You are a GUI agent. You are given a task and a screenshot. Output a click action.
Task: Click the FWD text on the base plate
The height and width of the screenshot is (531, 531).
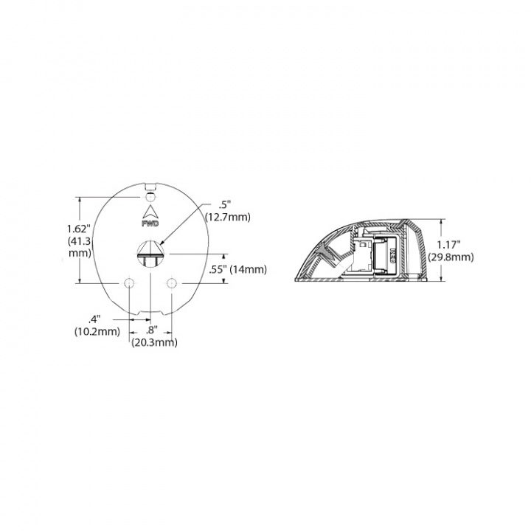click(150, 222)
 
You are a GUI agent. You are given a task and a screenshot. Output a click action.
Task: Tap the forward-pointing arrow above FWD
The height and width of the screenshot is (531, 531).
click(150, 211)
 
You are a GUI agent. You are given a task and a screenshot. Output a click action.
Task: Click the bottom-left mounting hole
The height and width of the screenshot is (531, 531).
click(129, 283)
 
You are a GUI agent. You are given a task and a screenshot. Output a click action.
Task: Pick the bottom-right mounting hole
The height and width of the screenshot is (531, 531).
click(171, 283)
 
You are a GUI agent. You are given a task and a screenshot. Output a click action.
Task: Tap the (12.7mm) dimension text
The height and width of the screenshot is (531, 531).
click(229, 217)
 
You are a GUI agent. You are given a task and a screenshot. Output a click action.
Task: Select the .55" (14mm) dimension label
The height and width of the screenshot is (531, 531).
click(237, 269)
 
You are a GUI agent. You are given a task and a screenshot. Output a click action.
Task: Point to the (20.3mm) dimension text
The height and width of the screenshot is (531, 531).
click(153, 342)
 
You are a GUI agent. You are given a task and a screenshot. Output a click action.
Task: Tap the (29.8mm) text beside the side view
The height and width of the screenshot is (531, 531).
click(453, 257)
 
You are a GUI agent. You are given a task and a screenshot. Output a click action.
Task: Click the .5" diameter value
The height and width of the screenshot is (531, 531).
click(226, 205)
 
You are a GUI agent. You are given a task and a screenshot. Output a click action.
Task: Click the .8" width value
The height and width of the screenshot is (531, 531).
click(152, 330)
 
